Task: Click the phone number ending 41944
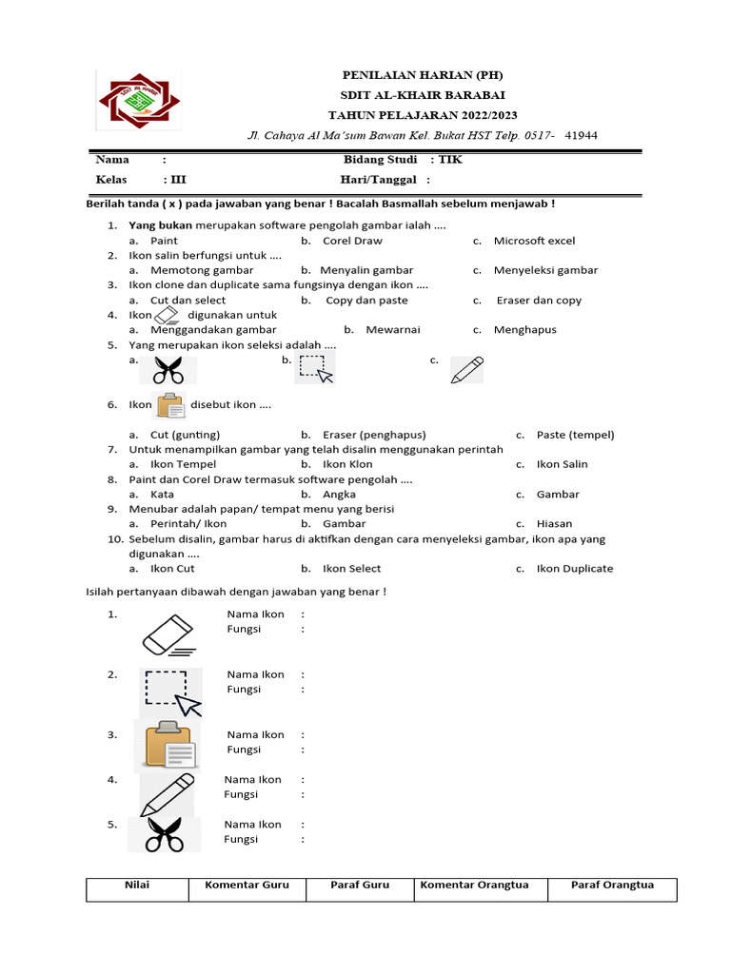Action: (x=581, y=135)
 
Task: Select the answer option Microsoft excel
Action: (x=534, y=241)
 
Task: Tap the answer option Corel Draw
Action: (x=352, y=241)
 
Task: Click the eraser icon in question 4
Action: (x=166, y=315)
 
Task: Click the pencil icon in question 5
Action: (x=466, y=369)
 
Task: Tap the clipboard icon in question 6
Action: (x=171, y=405)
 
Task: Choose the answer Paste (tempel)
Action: (x=575, y=435)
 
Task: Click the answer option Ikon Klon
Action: (x=347, y=464)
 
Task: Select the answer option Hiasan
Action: (x=554, y=523)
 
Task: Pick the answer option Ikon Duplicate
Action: (x=574, y=569)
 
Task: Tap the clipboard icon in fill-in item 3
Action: (x=168, y=744)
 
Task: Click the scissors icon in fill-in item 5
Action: (x=164, y=835)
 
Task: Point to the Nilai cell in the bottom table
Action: (x=137, y=886)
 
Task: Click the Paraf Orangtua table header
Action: (x=612, y=886)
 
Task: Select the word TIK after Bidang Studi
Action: (x=450, y=159)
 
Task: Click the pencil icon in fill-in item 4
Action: (x=168, y=794)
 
